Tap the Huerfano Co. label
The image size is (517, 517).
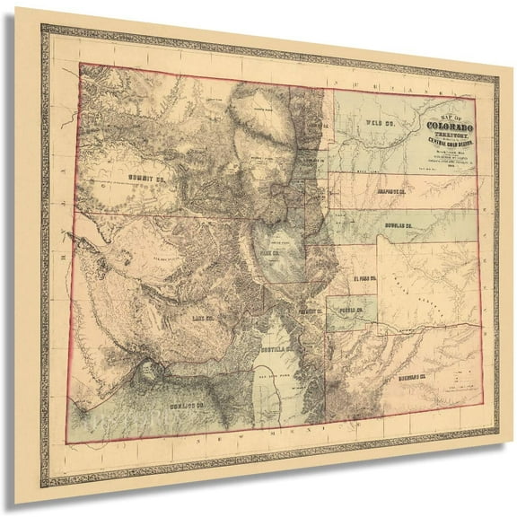[x=416, y=378]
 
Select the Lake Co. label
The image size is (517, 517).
[x=201, y=317]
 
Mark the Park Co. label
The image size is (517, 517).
[x=271, y=254]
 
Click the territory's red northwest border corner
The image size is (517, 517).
[x=81, y=64]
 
